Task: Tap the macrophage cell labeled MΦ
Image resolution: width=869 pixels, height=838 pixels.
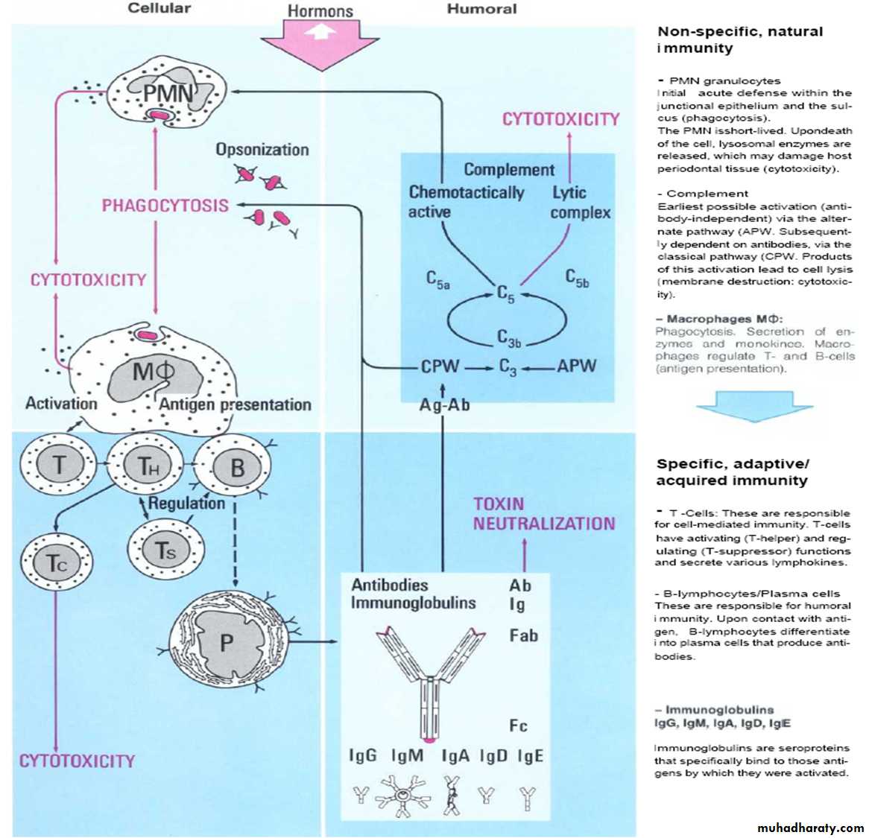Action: [153, 372]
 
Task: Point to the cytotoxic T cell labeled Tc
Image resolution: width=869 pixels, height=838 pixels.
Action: [57, 563]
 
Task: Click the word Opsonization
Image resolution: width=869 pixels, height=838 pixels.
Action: [262, 150]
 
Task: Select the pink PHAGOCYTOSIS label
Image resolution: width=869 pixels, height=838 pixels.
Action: [165, 206]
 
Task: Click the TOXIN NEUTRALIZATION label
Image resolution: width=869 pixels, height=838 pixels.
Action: [543, 514]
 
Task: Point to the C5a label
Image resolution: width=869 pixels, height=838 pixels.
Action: [437, 280]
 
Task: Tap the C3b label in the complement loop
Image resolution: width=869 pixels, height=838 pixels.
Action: [509, 339]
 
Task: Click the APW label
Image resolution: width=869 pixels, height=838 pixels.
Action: [576, 366]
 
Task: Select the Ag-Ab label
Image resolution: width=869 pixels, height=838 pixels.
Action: [444, 405]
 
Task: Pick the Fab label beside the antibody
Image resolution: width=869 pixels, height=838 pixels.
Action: [523, 635]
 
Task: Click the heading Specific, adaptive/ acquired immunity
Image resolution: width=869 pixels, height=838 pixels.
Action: [732, 472]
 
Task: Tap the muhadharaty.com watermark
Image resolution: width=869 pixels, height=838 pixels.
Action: [810, 828]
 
